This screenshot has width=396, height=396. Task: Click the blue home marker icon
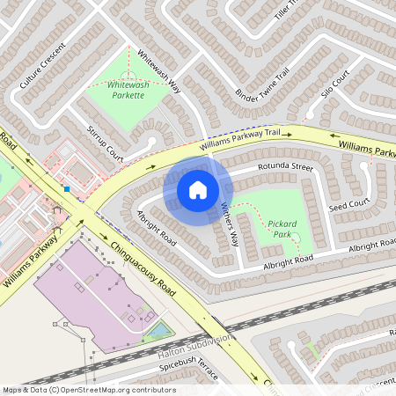(198, 189)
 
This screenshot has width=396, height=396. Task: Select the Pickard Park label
(282, 230)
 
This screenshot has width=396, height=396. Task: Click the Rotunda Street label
(285, 166)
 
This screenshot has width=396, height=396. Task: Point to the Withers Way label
(229, 224)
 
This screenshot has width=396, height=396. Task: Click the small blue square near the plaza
(66, 188)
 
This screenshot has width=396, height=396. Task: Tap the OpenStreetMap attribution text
(89, 389)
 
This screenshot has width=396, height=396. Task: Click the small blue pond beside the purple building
(159, 331)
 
